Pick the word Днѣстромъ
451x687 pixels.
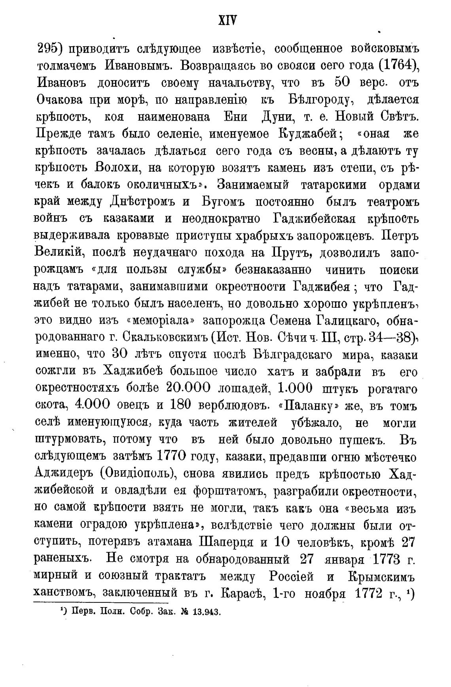click(142, 202)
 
